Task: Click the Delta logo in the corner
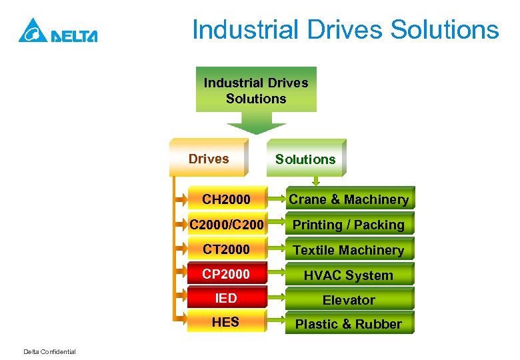point(58,31)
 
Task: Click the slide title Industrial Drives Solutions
point(345,30)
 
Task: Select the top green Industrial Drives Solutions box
point(256,90)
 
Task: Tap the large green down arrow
point(256,124)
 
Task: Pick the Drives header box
point(209,158)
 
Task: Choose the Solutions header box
point(305,159)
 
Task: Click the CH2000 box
point(226,199)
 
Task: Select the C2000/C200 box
point(226,225)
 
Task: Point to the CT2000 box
point(226,249)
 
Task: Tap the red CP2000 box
point(226,275)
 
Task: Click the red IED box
point(226,298)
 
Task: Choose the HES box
point(226,322)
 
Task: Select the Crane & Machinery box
point(348,199)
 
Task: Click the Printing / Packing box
point(348,225)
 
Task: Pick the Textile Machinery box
point(348,250)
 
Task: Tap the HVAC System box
point(348,275)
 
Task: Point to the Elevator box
point(348,300)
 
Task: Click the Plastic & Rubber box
point(348,324)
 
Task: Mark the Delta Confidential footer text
point(49,352)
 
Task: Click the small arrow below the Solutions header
point(317,180)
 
